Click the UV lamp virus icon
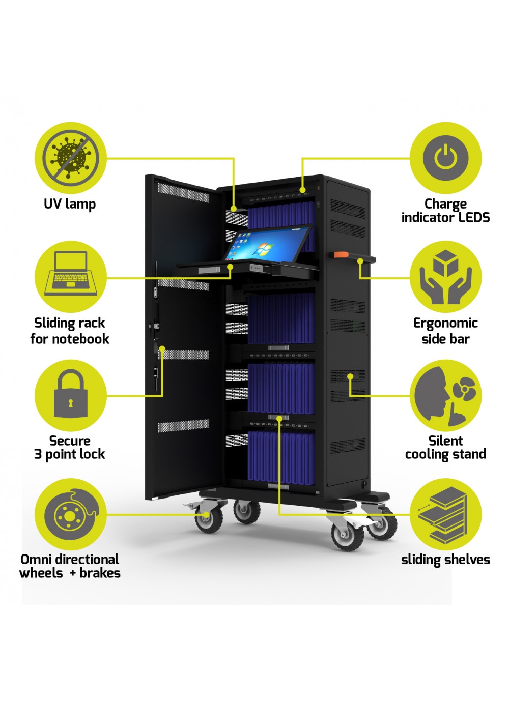[x=70, y=158]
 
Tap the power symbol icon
[x=445, y=158]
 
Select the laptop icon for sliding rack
[x=70, y=277]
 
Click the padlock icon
[x=70, y=395]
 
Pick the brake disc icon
[x=70, y=514]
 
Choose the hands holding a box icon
[x=445, y=277]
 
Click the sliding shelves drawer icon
[x=445, y=514]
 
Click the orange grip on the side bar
[x=340, y=254]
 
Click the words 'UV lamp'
[x=70, y=204]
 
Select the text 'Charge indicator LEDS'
[x=445, y=211]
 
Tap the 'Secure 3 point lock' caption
[x=70, y=448]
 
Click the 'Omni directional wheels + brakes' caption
[x=70, y=566]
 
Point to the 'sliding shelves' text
[x=445, y=560]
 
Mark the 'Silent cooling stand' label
[x=445, y=448]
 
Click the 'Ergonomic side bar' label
[x=445, y=331]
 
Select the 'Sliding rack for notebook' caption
[x=70, y=331]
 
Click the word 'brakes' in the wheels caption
[x=100, y=573]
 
